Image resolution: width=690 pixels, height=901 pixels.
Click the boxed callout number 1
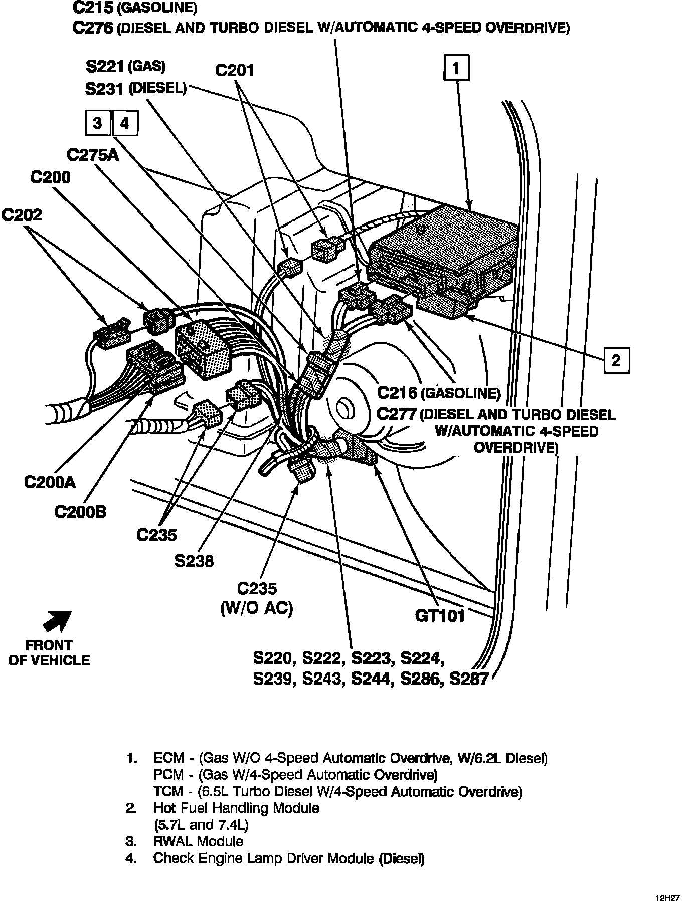456,68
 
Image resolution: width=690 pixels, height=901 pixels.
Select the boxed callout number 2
616,360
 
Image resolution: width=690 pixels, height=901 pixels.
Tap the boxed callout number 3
98,123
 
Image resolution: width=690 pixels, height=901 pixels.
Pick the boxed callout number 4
125,123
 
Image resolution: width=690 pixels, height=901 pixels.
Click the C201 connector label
235,71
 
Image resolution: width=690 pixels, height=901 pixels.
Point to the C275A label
93,155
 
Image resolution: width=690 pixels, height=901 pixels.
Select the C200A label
50,482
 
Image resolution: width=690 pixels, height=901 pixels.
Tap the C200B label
80,512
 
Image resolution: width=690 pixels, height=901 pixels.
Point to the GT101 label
440,616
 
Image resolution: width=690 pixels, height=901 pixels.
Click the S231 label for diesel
105,89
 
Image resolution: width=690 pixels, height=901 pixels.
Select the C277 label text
397,414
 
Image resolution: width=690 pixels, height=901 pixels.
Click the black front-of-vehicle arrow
58,621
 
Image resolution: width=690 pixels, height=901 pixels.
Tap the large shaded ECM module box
443,261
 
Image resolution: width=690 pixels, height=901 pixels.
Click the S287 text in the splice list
469,679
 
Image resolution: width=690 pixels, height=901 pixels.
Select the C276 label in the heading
93,27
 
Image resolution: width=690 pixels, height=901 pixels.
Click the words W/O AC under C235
256,608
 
